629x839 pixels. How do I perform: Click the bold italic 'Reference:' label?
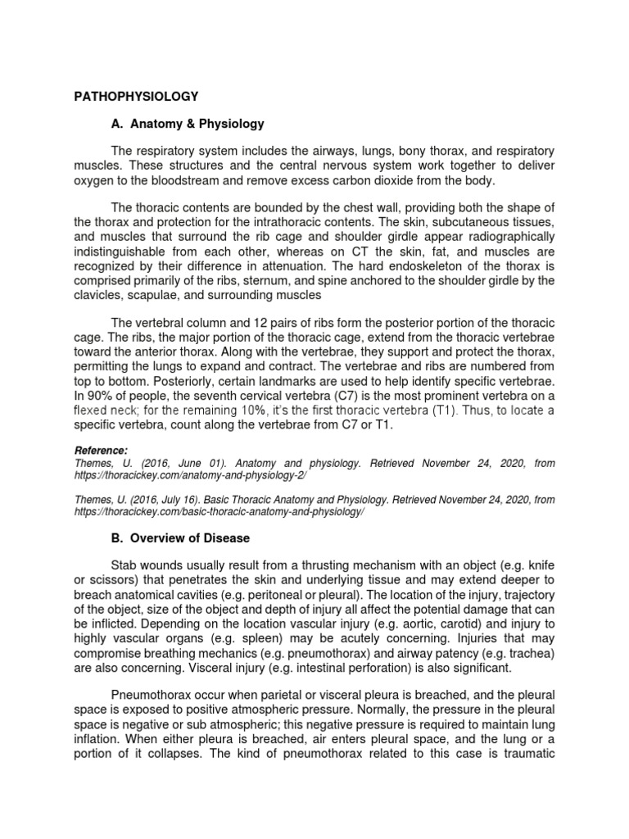101,451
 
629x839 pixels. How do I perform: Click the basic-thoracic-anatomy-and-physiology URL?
218,510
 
